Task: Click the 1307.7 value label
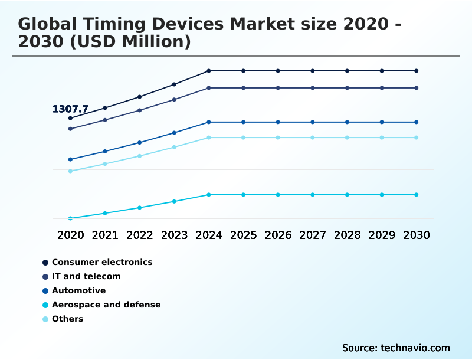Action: coord(70,109)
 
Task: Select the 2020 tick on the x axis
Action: coord(70,235)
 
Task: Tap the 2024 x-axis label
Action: coord(209,235)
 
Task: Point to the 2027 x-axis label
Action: coord(313,235)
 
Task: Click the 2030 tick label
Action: coord(417,235)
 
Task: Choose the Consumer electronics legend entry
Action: coord(101,262)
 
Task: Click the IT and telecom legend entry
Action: coord(86,276)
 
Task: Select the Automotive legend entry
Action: coord(78,290)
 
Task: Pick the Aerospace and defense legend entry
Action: coord(106,305)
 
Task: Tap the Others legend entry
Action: coord(67,319)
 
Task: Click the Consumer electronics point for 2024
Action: coord(209,71)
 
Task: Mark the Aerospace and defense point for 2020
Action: coord(70,218)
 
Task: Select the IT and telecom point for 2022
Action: coord(140,110)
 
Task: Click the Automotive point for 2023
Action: coord(174,133)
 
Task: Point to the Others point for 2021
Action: coord(105,163)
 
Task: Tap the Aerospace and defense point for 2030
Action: coord(417,195)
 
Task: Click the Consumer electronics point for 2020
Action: coord(70,118)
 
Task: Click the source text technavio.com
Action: coord(415,348)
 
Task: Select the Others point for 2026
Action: coord(278,138)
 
